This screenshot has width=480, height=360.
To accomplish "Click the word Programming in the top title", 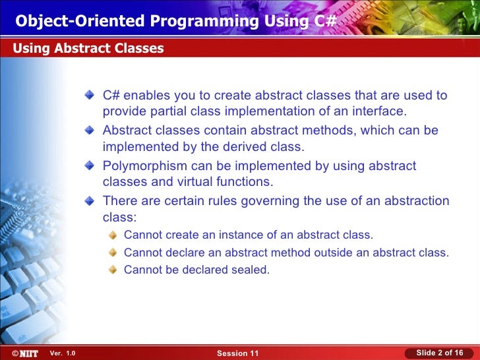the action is (x=204, y=22).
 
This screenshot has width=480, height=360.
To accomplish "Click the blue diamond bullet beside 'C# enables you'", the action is (x=90, y=94).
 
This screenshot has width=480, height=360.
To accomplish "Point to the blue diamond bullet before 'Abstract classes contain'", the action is (x=90, y=130).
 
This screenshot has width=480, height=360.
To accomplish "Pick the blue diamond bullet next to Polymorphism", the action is (x=90, y=165).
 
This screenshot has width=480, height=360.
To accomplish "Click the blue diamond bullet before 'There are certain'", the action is (x=90, y=201).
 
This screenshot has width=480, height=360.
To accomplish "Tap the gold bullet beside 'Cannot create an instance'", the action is (x=113, y=235).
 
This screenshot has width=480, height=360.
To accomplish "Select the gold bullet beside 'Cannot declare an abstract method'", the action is (x=113, y=253).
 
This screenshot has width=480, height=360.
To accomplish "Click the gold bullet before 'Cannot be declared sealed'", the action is (x=113, y=270).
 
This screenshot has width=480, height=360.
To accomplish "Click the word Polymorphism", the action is (x=145, y=166).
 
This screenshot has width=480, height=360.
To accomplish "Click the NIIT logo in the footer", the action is (x=25, y=353).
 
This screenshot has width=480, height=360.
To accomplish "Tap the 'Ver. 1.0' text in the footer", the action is (x=63, y=353).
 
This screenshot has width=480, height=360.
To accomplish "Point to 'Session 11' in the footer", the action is (x=237, y=353).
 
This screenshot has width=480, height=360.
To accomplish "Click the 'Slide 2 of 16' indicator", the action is (x=440, y=353).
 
